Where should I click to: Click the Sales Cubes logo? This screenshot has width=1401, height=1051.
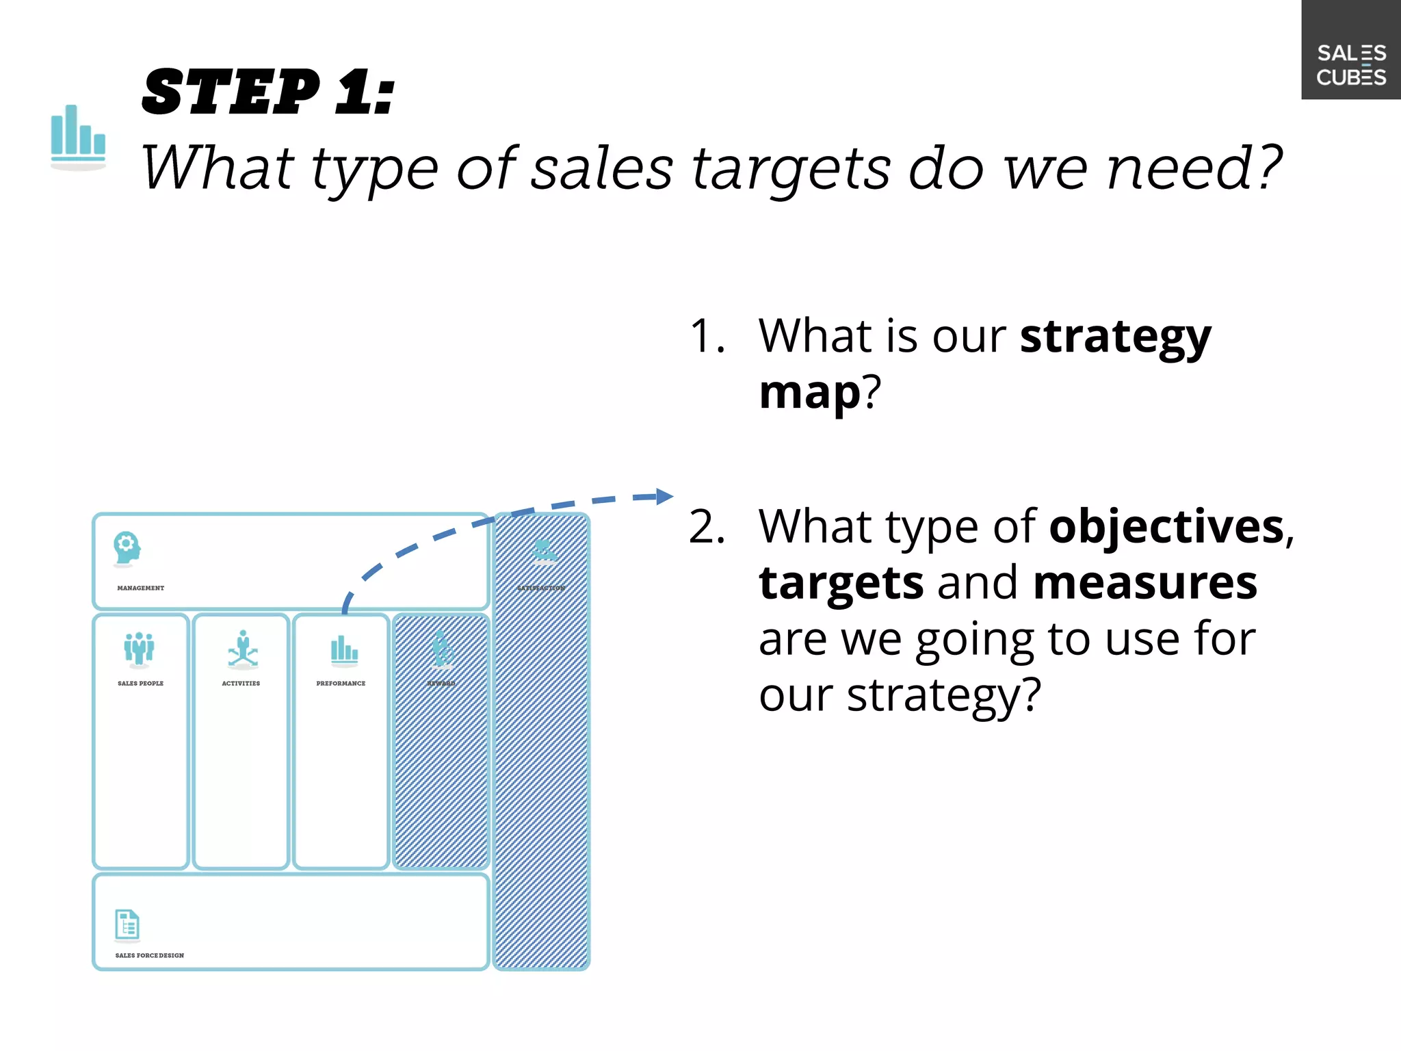pos(1350,64)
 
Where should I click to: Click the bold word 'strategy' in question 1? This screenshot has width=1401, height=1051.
pos(1115,337)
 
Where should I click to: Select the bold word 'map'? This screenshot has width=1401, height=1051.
pos(809,393)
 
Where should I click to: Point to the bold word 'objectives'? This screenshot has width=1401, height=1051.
pos(1166,527)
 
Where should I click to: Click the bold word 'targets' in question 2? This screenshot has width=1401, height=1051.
pos(841,583)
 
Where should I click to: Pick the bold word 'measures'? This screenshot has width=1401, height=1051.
pos(1144,583)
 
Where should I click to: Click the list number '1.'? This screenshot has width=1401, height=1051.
pos(707,337)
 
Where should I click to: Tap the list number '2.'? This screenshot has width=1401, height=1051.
pos(707,527)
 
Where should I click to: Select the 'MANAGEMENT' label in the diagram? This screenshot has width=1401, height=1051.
pos(140,588)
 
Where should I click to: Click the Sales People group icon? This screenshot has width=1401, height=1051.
pos(140,649)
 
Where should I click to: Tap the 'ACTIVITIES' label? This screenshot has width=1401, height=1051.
pos(241,683)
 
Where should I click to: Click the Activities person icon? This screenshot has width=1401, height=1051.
pos(243,649)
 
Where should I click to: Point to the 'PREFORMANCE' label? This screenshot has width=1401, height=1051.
pos(341,683)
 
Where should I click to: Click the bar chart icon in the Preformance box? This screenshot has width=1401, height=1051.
pos(344,650)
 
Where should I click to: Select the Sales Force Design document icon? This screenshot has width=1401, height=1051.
pos(127,925)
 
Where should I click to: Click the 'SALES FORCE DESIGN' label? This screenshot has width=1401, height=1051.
pos(149,955)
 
